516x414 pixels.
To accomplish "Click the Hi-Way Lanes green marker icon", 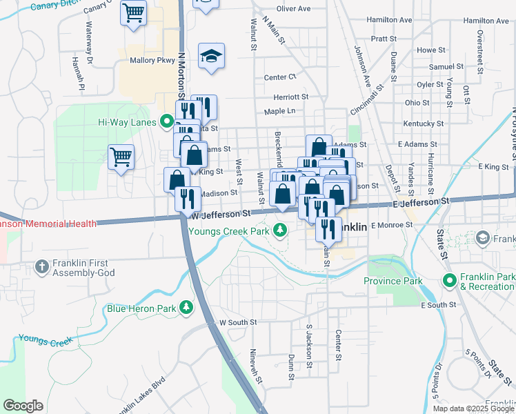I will click(x=166, y=123).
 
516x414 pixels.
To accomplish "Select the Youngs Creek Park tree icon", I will click(x=279, y=230).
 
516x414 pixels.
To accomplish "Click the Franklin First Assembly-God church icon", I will click(x=42, y=266).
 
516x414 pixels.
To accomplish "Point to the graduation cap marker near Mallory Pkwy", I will click(x=212, y=57).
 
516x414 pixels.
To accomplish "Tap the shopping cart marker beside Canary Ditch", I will click(x=133, y=12).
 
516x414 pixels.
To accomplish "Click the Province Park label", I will click(x=393, y=281).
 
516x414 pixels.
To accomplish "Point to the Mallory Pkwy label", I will click(x=152, y=61).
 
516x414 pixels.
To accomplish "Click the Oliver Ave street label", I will click(x=293, y=9).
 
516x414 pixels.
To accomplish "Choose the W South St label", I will click(x=237, y=322).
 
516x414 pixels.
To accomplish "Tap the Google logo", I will click(x=23, y=406).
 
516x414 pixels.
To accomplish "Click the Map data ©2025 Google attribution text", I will click(x=473, y=408).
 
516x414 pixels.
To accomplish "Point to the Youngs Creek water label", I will click(x=46, y=339).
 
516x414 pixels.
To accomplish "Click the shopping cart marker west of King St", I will click(x=121, y=157).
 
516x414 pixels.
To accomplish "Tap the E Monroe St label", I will click(x=391, y=226).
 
